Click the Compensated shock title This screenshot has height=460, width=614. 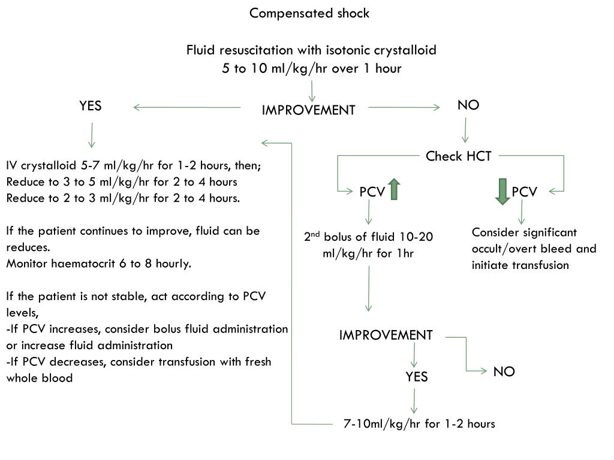coord(309,13)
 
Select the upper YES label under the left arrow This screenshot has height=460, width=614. coord(91,106)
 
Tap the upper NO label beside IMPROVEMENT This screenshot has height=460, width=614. coord(468,105)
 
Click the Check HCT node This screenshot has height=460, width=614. coord(459,156)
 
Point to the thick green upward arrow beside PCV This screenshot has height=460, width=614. coord(394,190)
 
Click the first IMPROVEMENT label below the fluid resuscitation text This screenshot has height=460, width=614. coord(308,110)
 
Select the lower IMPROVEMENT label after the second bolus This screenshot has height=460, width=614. coord(386,335)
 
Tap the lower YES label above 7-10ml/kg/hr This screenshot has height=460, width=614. coord(417,376)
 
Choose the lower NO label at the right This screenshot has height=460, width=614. coord(504,371)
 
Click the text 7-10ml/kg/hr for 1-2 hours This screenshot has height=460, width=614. coord(419,424)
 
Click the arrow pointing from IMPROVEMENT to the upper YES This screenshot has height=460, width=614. coord(186,108)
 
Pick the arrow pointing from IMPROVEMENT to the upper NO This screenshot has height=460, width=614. coord(404,108)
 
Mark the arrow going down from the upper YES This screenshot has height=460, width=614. coord(91,135)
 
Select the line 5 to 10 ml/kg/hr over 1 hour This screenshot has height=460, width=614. coord(311,68)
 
